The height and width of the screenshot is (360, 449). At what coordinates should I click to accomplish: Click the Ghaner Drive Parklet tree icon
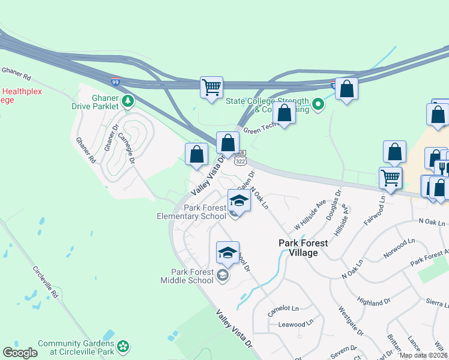(x=127, y=101)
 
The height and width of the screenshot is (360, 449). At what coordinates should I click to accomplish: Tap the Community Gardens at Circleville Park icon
(x=123, y=346)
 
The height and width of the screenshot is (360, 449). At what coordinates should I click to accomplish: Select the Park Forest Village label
(x=303, y=248)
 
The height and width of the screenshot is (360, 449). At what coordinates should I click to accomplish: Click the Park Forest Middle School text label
(x=188, y=276)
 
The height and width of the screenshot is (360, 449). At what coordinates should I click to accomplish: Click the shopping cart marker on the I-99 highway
(x=211, y=88)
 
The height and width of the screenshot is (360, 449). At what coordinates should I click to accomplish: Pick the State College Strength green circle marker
(x=319, y=106)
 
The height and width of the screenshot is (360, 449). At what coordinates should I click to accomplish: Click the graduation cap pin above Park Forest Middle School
(x=228, y=253)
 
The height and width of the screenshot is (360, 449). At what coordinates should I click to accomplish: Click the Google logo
(x=20, y=353)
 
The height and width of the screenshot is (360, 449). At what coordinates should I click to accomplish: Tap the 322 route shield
(x=240, y=161)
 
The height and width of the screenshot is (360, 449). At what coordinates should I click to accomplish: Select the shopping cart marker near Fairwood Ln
(x=390, y=178)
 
